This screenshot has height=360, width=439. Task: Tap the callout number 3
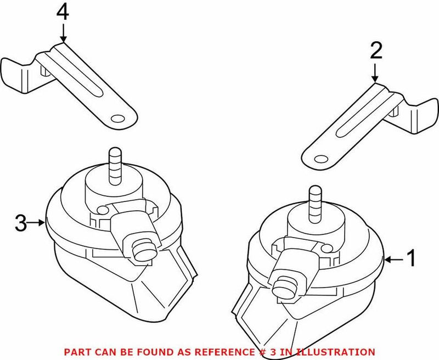[20, 223]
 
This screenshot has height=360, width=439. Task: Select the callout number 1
[411, 257]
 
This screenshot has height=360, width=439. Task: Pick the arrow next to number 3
[37, 223]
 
